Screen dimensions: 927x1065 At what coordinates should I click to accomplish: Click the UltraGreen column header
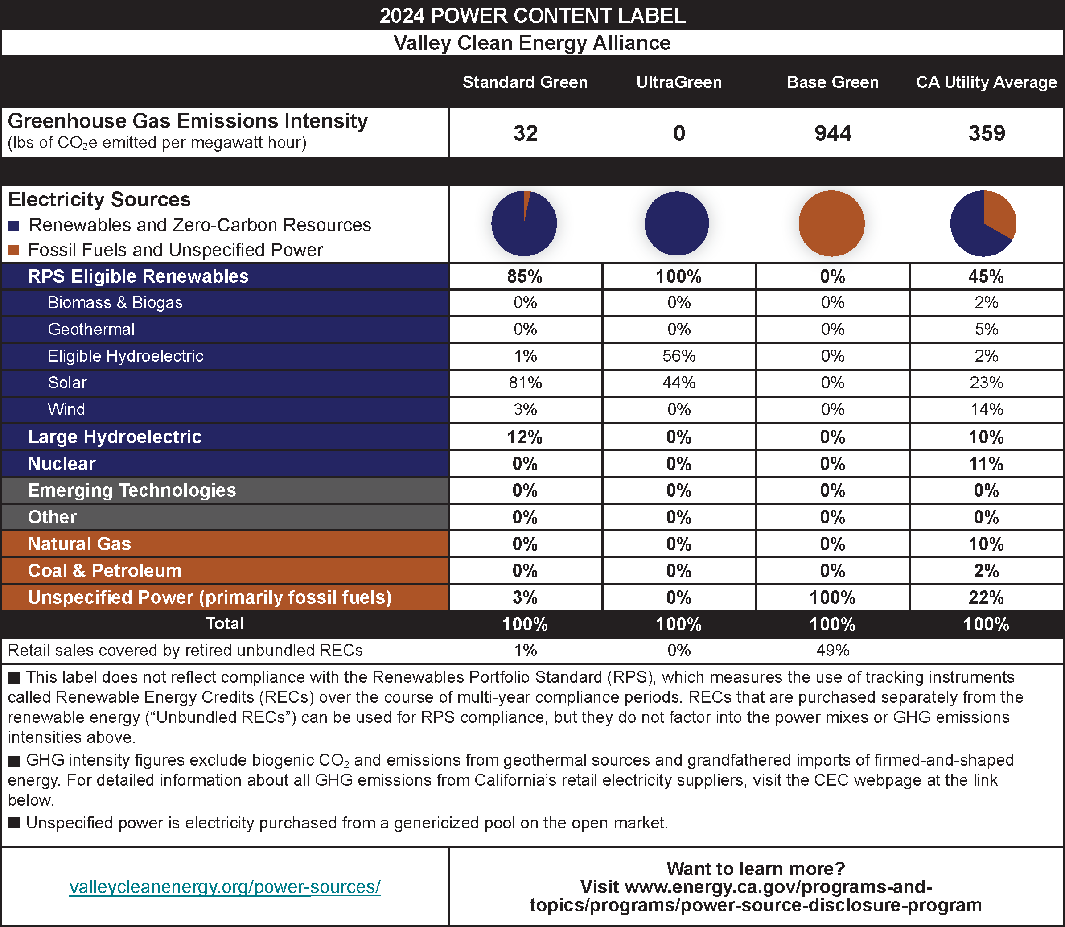click(678, 82)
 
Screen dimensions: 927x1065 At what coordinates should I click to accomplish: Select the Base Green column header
click(832, 82)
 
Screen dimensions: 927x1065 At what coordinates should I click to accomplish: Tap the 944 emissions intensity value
click(832, 133)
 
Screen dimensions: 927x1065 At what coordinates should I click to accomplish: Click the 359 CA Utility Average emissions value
click(987, 133)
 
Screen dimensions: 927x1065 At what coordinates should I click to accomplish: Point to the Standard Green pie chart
click(523, 223)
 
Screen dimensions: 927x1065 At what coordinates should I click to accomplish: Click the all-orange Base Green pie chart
click(831, 223)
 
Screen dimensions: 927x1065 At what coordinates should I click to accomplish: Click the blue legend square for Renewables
click(14, 226)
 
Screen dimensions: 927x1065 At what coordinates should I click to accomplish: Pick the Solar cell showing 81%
click(525, 383)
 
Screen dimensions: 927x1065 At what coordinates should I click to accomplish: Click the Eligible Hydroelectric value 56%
click(678, 356)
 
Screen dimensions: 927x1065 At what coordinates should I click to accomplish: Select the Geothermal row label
click(91, 329)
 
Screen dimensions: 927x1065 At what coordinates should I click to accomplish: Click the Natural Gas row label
click(79, 544)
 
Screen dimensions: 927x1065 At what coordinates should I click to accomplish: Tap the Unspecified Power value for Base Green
click(832, 597)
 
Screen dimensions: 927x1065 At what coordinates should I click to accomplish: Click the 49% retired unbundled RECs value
click(832, 650)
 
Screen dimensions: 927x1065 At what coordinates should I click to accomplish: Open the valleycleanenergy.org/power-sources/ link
click(225, 887)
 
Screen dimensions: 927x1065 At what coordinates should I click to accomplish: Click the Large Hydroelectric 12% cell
click(525, 437)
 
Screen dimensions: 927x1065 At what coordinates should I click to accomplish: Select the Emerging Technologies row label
click(132, 490)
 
